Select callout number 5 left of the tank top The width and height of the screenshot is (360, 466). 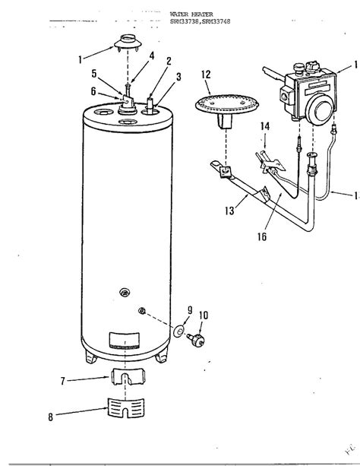pyautogui.click(x=94, y=74)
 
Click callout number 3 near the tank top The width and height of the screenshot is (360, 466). pyautogui.click(x=178, y=76)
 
